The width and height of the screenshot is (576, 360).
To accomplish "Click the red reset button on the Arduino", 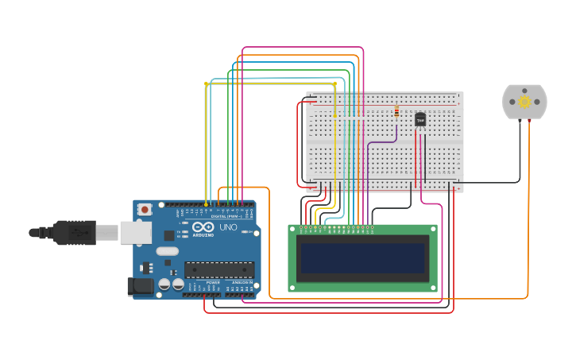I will [145, 209].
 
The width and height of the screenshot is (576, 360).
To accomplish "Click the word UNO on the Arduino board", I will [228, 227].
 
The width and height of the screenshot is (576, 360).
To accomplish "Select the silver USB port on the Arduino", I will [135, 232].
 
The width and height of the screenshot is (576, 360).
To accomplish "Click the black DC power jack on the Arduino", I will [141, 286].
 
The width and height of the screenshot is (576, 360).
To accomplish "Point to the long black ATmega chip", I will [219, 270].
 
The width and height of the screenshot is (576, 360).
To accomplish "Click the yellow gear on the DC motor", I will [524, 102].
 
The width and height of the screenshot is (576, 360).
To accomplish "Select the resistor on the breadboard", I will [396, 112].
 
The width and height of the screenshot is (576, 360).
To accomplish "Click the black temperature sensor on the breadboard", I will [420, 119].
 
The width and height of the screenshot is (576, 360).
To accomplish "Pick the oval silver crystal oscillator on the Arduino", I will [168, 251].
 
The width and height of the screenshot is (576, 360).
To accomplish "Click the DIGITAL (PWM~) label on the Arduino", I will [225, 215].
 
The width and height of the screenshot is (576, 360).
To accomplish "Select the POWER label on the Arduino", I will [213, 282].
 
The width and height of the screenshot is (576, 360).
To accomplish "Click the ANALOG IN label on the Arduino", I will [242, 282].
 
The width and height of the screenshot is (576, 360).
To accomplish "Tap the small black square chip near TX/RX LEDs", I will [169, 235].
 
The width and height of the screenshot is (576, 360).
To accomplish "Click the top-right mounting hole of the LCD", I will [433, 229].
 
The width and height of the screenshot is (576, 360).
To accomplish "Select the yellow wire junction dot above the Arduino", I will [206, 83].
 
